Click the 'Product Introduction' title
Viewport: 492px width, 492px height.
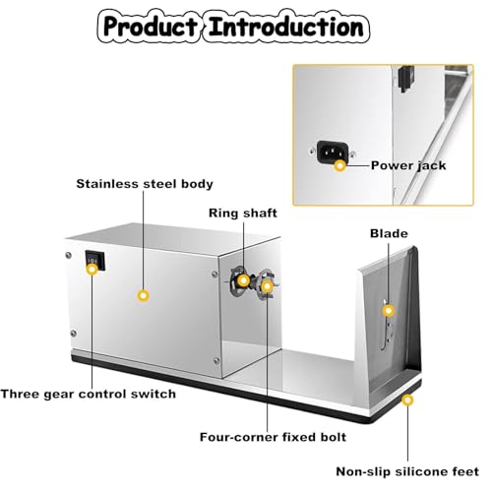233,27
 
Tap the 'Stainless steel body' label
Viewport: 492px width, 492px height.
145,184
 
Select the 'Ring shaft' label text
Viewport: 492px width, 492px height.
243,214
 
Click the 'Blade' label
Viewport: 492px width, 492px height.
389,233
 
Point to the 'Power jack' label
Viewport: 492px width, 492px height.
408,165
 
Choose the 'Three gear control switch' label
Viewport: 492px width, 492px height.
89,394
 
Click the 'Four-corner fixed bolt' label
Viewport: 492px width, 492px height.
273,437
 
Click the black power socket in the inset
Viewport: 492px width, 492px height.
333,152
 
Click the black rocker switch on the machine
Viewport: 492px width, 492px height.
95,261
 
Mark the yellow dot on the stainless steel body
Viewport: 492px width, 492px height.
143,295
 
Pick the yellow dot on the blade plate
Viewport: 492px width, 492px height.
389,310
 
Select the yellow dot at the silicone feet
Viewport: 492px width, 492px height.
407,400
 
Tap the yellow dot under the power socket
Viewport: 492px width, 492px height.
340,165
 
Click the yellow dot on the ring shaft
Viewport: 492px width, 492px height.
243,280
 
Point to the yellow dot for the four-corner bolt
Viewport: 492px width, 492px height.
268,286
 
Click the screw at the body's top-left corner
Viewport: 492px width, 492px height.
68,255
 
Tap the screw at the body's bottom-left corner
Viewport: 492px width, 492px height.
74,334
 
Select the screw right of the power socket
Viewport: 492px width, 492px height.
352,154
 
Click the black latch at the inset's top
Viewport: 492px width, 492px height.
406,78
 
